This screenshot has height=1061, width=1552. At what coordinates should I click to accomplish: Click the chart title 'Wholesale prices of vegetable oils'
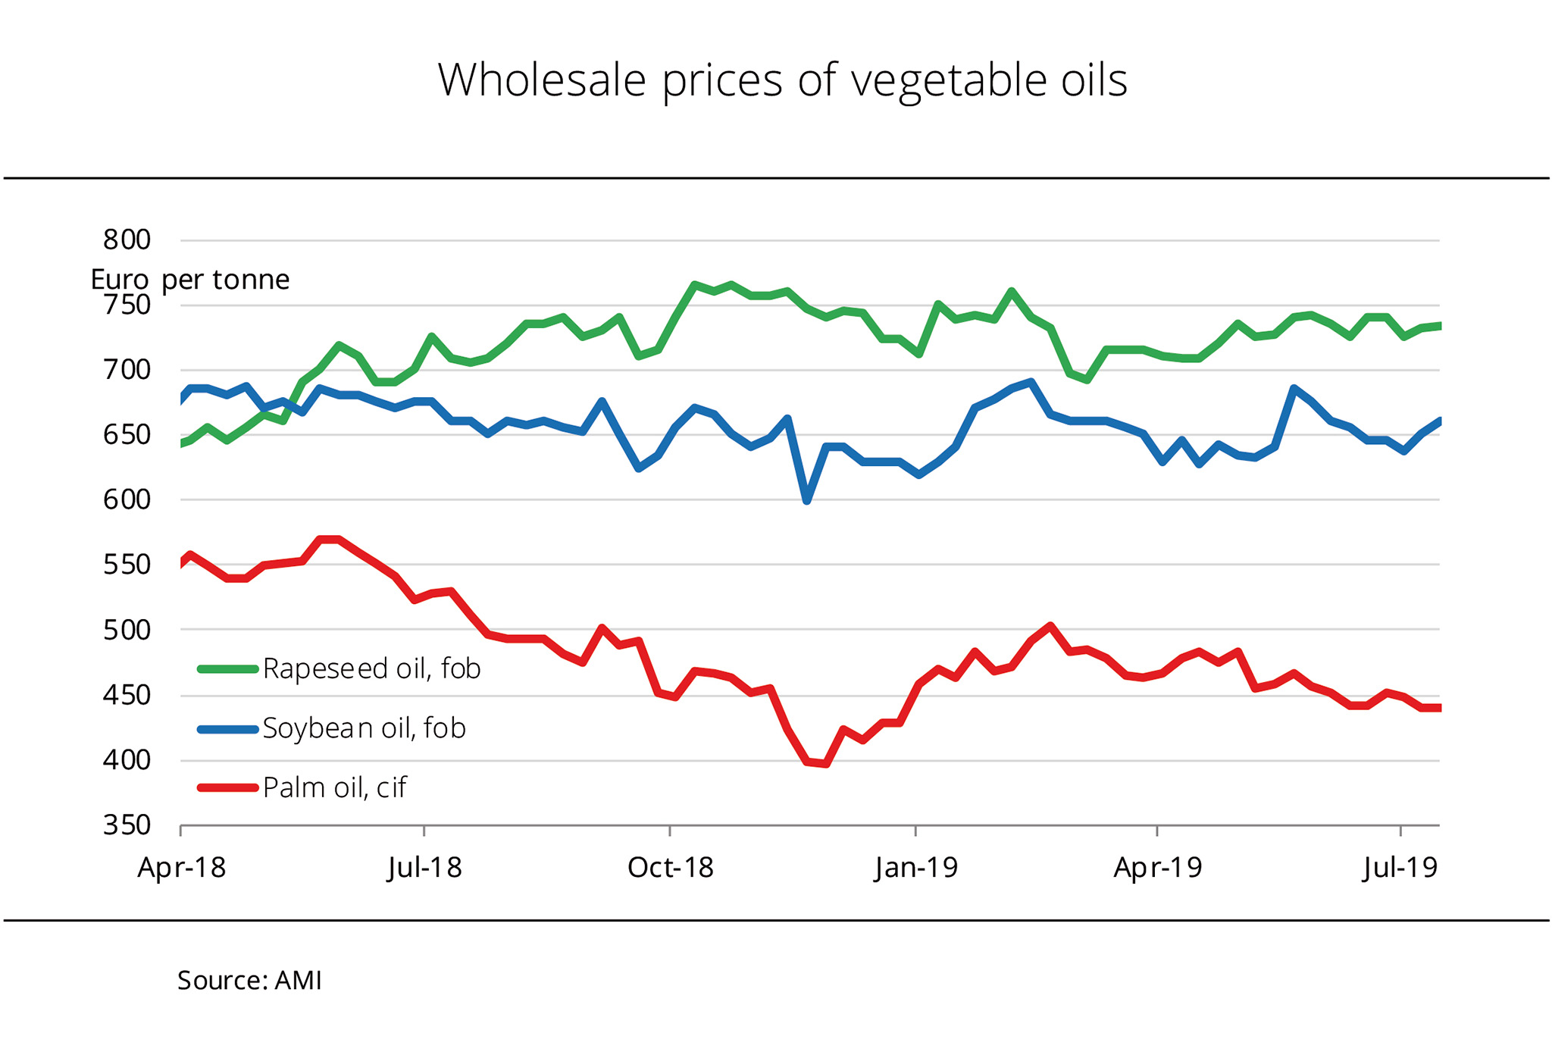point(782,80)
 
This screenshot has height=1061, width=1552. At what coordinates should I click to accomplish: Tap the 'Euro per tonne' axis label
point(189,280)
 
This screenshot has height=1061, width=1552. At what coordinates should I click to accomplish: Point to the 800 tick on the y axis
point(127,240)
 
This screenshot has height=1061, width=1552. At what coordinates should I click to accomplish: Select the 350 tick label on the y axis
point(127,825)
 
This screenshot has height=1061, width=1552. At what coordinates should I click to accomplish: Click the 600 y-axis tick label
point(127,499)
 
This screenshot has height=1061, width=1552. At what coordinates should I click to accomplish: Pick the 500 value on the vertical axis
point(127,630)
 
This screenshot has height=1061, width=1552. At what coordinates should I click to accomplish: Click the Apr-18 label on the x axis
point(181,868)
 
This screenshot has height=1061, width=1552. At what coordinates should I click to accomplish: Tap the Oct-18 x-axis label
point(671,868)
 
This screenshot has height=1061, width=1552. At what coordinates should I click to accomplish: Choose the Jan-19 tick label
point(916,868)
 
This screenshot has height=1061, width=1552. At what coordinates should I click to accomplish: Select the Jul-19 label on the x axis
point(1400,868)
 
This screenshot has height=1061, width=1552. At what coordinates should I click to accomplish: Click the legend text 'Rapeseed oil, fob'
point(371,669)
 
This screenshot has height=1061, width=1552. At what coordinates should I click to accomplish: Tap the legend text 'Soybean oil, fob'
point(364,728)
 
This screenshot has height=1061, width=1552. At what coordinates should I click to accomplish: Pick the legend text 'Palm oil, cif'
point(334,788)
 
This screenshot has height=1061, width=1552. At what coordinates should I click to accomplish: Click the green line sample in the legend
point(227,669)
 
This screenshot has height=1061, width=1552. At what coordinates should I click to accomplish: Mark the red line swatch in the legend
point(227,788)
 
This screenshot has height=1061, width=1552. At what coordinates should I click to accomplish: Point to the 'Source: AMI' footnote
point(249,981)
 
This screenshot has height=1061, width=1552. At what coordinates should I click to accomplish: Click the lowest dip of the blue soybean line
point(807,501)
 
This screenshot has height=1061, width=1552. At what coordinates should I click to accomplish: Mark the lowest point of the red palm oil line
point(825,764)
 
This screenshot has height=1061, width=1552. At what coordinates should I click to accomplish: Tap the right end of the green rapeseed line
point(1438,326)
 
